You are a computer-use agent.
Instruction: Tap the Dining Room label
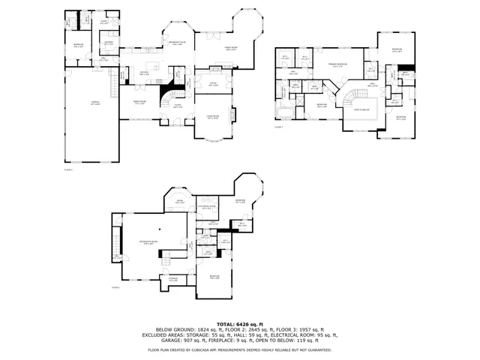point(139,103)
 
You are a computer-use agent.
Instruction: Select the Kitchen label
point(144,73)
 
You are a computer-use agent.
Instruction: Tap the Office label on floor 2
point(212,85)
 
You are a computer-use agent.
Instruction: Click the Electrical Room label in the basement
point(207,208)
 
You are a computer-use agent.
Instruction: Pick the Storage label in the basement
point(173,280)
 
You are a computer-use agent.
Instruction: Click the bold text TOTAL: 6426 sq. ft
point(239,322)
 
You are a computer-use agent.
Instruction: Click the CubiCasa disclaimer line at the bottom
point(239,350)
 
